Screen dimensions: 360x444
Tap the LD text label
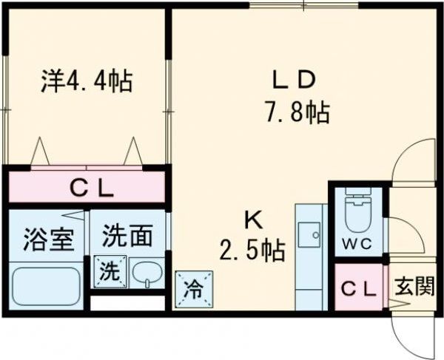click(x=292, y=79)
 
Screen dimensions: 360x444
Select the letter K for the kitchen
click(x=254, y=219)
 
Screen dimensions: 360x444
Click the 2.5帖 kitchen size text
click(x=252, y=251)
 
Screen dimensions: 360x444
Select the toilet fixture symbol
click(x=358, y=211)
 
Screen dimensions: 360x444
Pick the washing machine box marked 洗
click(x=110, y=271)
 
